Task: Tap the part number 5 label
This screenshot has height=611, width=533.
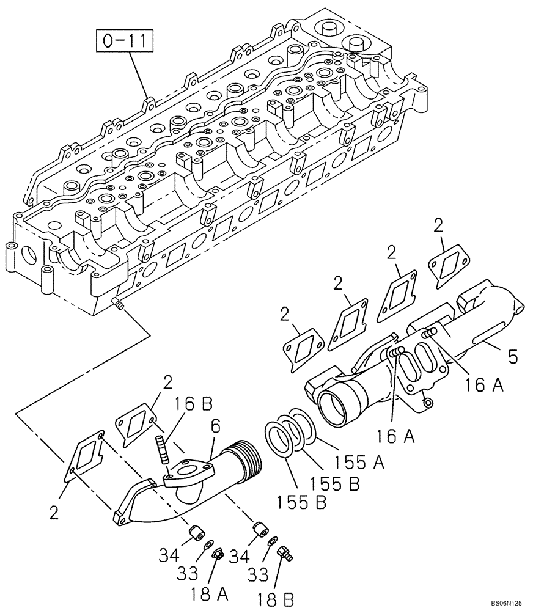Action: point(512,356)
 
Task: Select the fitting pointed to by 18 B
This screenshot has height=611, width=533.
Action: point(285,553)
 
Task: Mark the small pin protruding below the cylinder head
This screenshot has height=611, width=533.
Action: point(118,303)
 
